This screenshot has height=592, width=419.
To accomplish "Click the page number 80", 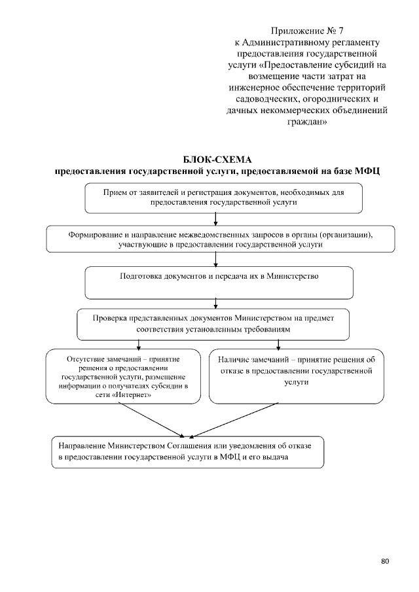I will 384,561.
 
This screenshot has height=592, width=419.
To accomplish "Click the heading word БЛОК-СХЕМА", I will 217,160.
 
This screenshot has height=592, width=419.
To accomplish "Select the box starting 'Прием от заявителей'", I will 223,198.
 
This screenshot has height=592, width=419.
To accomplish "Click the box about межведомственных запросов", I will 220,239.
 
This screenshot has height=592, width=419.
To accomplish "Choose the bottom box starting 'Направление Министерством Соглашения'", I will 187,451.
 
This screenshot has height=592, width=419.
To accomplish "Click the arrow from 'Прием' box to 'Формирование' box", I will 215,219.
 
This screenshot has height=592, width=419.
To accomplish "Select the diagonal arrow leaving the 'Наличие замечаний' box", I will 232,419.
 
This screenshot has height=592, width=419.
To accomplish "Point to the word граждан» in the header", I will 306,122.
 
